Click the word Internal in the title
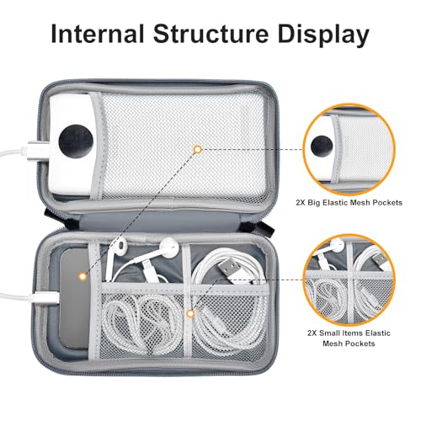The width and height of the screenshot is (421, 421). (x=98, y=34)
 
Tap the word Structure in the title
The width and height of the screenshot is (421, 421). (x=210, y=34)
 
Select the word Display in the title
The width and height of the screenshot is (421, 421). (x=323, y=35)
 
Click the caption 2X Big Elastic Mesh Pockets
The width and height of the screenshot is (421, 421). (x=349, y=202)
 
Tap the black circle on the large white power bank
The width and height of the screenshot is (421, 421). (x=76, y=141)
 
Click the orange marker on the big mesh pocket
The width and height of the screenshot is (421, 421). (x=198, y=149)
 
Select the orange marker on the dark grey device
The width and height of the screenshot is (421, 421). (x=83, y=276)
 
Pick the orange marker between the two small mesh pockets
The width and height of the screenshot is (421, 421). (x=191, y=313)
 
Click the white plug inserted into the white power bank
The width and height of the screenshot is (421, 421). (x=38, y=152)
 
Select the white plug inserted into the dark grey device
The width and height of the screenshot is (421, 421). (x=46, y=297)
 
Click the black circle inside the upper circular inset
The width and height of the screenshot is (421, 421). (x=322, y=147)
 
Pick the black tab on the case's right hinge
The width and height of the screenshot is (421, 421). (x=267, y=228)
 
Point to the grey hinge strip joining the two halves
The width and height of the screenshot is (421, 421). (x=158, y=218)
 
